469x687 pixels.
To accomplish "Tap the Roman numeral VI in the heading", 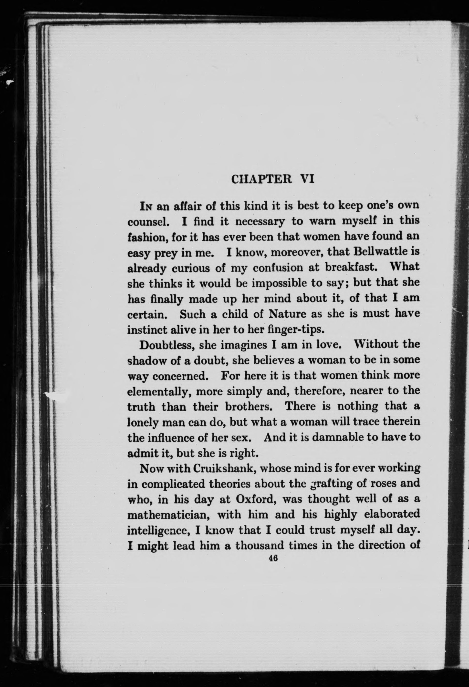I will (x=307, y=179).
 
